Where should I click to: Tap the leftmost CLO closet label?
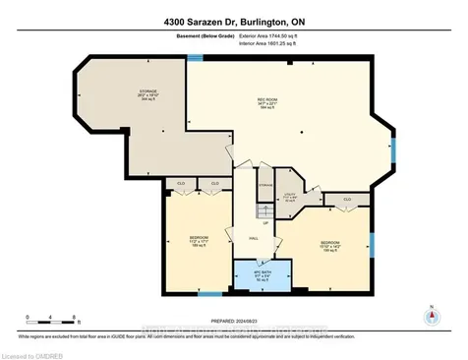pos(181,184)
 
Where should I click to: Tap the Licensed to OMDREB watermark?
pos(36,353)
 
